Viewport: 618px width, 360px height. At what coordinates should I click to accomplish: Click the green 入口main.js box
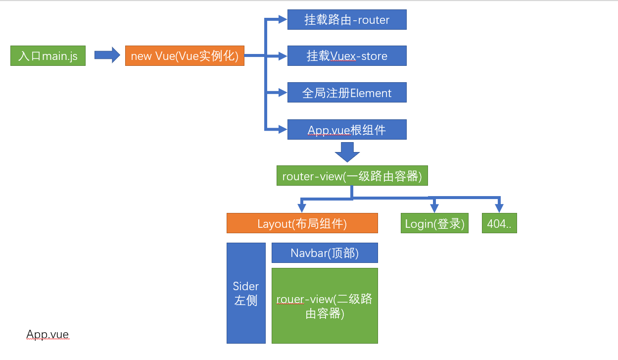click(48, 56)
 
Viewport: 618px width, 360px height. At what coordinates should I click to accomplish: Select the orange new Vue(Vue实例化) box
click(185, 56)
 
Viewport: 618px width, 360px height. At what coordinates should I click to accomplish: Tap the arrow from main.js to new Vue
click(107, 55)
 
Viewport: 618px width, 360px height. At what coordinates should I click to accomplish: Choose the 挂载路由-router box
click(347, 20)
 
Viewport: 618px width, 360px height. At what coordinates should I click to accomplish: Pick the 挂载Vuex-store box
click(347, 56)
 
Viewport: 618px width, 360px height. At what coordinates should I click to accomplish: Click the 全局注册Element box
click(347, 93)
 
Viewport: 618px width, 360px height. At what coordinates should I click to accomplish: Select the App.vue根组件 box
click(347, 130)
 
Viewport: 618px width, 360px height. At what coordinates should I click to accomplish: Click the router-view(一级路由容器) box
click(352, 176)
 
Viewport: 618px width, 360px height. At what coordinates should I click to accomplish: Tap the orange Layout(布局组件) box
click(302, 223)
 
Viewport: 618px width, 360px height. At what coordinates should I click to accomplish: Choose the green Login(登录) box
click(434, 223)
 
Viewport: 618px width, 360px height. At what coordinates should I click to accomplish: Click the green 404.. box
click(499, 223)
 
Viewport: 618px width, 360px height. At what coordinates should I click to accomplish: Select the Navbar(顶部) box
click(325, 253)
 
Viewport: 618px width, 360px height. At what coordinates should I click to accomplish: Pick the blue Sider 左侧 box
click(246, 293)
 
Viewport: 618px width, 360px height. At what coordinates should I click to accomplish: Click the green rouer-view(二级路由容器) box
click(325, 306)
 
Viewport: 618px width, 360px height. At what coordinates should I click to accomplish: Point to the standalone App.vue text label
click(48, 335)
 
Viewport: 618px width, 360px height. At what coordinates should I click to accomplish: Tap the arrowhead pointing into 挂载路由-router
click(283, 20)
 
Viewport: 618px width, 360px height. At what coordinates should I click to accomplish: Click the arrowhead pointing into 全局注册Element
click(283, 93)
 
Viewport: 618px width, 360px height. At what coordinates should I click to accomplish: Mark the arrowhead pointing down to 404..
click(499, 208)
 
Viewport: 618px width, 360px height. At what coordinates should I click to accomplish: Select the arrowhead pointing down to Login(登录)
click(434, 208)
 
